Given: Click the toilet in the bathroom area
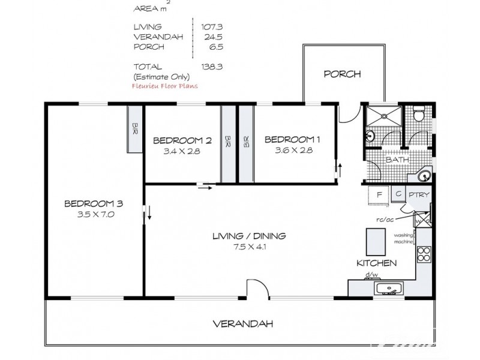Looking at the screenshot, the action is click(x=418, y=113).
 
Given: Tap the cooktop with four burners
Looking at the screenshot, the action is click(x=424, y=254).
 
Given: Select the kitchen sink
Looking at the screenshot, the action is click(x=389, y=289).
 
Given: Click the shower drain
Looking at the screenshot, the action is click(x=383, y=116).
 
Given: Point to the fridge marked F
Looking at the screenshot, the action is click(x=379, y=194).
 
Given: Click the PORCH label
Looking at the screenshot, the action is click(x=342, y=74).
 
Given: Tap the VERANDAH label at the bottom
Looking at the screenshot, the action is click(x=243, y=324).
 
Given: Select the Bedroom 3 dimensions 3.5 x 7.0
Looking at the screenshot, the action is click(x=96, y=214).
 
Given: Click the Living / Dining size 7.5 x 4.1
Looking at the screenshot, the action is click(x=250, y=247).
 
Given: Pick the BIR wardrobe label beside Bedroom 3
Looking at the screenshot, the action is click(x=135, y=128).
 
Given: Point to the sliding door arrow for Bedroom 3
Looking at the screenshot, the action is click(x=149, y=213).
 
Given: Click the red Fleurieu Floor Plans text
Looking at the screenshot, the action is click(x=164, y=86).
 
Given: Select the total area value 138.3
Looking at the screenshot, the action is click(x=212, y=67).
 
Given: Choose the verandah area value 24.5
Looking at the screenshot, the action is click(x=214, y=37).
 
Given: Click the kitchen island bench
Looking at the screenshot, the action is click(x=376, y=242).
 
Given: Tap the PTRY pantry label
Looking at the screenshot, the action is click(x=419, y=194).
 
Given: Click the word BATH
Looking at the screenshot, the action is click(x=397, y=160).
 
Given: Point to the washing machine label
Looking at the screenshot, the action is click(x=403, y=239).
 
